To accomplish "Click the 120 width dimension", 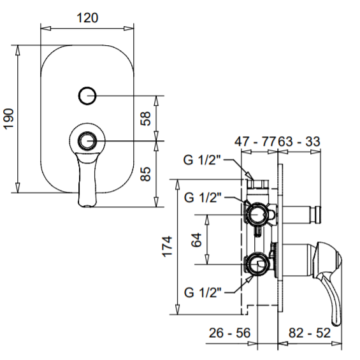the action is pos(87,18).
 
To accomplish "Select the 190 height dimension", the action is pos(9,119).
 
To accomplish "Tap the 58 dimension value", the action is pos(145,119).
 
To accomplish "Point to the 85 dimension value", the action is pos(145,174).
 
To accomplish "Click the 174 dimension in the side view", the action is pos(168,247).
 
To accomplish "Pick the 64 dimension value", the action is pos(196,240).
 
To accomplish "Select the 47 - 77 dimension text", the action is pos(255,141).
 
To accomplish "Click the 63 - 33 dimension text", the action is pos(299,141).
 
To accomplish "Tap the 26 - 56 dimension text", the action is pos(229,333).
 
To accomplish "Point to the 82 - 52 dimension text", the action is pos(309,333).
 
